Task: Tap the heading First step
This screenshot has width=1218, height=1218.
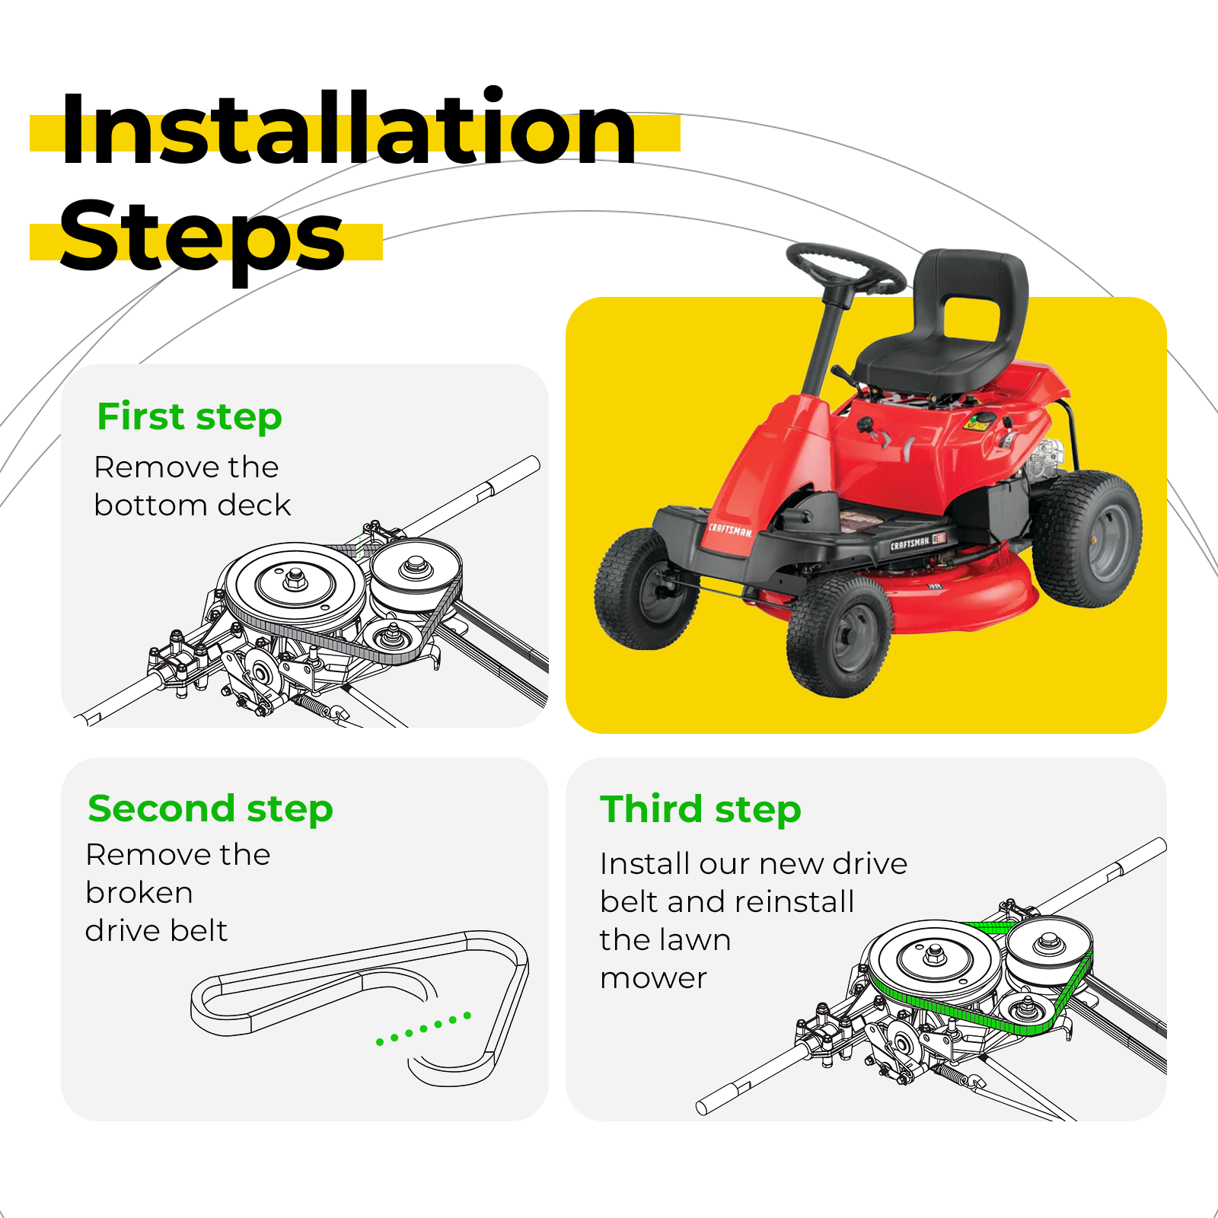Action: pyautogui.click(x=190, y=416)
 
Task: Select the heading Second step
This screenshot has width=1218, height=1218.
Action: pyautogui.click(x=210, y=808)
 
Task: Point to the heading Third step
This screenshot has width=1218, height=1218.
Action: pyautogui.click(x=700, y=808)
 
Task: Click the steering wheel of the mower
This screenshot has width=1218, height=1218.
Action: pyautogui.click(x=845, y=269)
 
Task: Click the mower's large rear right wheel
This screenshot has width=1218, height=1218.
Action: pyautogui.click(x=1087, y=538)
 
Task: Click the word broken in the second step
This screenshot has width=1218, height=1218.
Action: pyautogui.click(x=139, y=892)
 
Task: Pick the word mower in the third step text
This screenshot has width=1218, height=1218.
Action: pyautogui.click(x=653, y=979)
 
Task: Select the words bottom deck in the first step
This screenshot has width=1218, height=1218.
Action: pyautogui.click(x=193, y=505)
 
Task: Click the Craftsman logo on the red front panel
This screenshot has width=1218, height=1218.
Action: pyautogui.click(x=731, y=529)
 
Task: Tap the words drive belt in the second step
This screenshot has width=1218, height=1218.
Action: pyautogui.click(x=156, y=930)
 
